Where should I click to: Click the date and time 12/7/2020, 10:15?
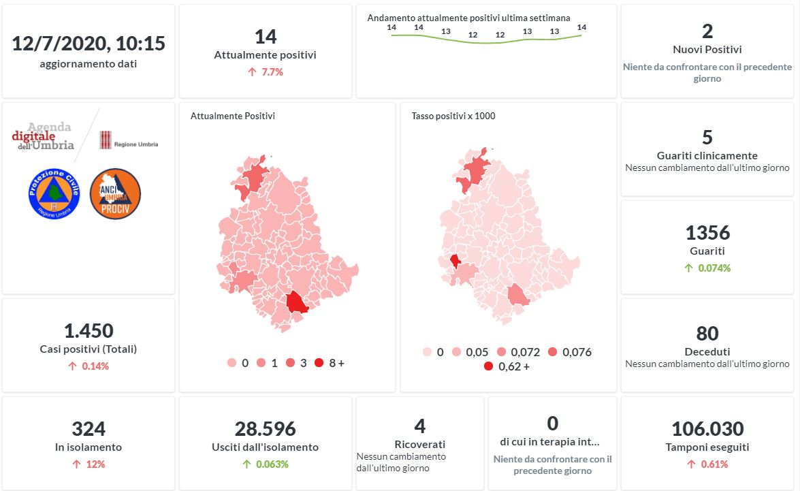coord(89,44)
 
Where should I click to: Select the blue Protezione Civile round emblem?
coord(55,193)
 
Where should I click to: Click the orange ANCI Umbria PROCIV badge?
coord(115,193)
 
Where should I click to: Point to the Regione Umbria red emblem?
coord(106,140)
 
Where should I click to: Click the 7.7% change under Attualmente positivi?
coord(266,72)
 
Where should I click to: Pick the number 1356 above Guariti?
coord(707,233)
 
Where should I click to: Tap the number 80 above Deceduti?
coord(707,334)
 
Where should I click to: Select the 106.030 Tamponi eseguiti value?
coord(707,429)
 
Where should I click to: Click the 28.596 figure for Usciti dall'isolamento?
coord(265,429)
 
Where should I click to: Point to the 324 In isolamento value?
coord(89,429)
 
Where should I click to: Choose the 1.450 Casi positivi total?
coord(89,331)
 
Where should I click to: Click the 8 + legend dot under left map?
coord(319,363)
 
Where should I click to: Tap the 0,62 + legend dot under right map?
coord(488,366)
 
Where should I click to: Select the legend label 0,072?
coord(524,352)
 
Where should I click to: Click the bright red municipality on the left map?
coord(297,302)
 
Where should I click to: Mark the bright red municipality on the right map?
coord(455,261)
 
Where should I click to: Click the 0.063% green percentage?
coord(272,464)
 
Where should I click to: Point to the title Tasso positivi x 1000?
coord(453,116)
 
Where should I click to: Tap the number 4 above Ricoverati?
coord(419,426)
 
